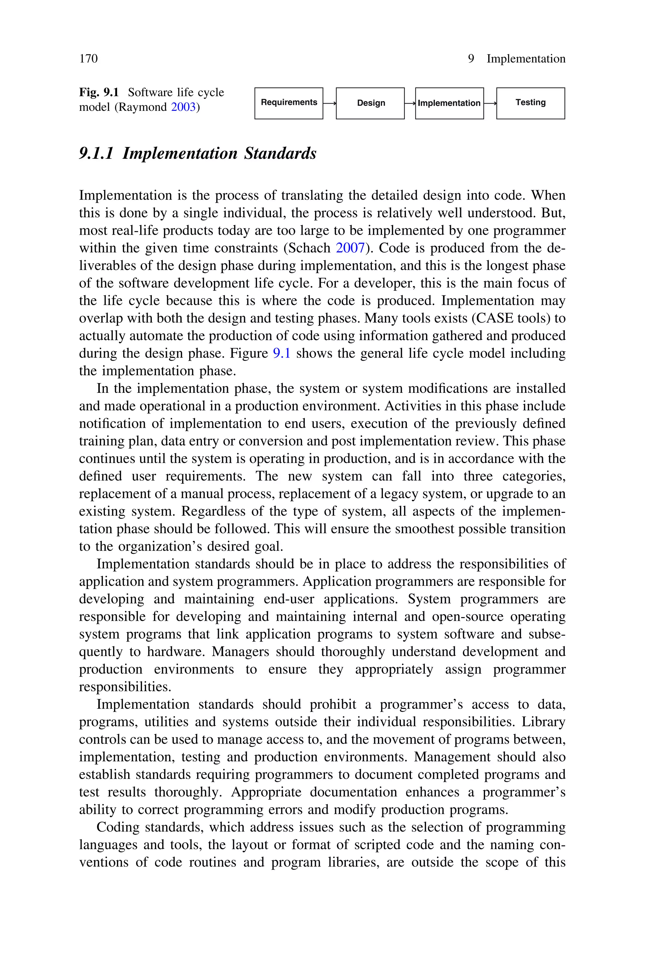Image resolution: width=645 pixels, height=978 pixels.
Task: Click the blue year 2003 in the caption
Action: tap(183, 107)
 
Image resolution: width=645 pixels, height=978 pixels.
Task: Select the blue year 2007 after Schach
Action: tap(351, 248)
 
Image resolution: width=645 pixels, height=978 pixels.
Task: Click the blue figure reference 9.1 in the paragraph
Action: tap(282, 353)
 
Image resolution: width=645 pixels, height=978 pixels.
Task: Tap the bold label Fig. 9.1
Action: tap(99, 92)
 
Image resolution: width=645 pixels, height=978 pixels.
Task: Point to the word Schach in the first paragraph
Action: tap(312, 248)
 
